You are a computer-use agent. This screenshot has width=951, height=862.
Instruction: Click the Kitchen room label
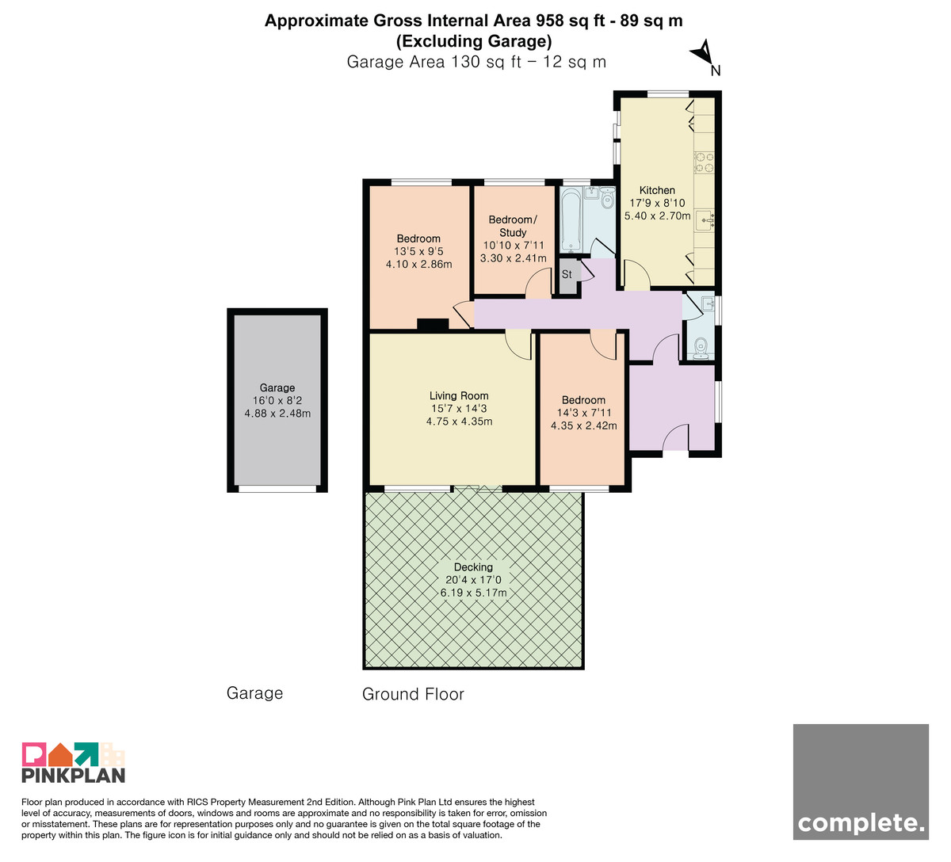[657, 190]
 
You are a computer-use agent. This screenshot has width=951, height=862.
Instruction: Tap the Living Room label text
[458, 396]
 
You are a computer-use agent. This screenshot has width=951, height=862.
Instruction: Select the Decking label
[473, 567]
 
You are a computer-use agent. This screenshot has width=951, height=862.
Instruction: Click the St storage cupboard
[567, 276]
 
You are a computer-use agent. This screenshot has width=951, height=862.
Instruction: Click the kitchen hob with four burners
[704, 162]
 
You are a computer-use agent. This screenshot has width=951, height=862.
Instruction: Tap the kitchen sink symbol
[705, 220]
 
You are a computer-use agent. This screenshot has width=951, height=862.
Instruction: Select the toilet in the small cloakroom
[701, 348]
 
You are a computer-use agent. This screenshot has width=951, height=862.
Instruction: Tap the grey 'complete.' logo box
[861, 782]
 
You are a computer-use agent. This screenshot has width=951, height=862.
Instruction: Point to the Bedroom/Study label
[513, 226]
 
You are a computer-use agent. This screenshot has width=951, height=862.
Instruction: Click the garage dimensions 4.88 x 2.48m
[277, 414]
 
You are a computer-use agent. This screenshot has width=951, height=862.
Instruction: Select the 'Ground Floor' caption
[413, 694]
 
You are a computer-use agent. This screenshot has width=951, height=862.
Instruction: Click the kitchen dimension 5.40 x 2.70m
[657, 215]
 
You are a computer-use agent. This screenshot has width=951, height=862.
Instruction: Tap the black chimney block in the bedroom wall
[433, 325]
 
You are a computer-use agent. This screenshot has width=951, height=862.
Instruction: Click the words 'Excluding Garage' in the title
[474, 41]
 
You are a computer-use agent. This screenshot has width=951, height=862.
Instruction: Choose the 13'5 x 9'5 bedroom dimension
[418, 251]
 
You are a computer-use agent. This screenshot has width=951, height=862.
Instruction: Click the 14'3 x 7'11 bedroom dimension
[583, 413]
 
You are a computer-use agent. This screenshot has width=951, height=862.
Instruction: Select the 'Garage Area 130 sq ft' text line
[434, 62]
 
